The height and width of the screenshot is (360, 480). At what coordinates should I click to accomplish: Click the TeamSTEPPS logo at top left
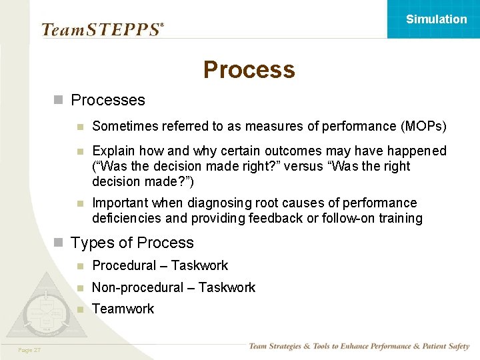[102, 29]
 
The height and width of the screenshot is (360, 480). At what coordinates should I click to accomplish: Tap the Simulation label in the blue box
[436, 19]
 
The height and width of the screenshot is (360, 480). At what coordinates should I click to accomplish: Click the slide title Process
[249, 69]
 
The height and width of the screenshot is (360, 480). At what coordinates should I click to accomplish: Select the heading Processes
[107, 100]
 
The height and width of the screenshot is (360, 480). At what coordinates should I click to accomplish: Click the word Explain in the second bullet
[113, 151]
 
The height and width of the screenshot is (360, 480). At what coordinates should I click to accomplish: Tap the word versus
[303, 166]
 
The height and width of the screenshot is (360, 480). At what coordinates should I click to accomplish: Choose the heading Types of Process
[132, 243]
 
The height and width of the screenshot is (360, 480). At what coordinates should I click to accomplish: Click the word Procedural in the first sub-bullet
[124, 265]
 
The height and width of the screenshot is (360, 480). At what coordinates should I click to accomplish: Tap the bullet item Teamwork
[123, 309]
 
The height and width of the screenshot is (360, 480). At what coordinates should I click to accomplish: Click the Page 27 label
[29, 349]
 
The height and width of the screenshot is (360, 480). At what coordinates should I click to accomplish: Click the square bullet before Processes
[59, 100]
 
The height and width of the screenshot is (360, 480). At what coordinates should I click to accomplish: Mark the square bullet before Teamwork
[80, 309]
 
